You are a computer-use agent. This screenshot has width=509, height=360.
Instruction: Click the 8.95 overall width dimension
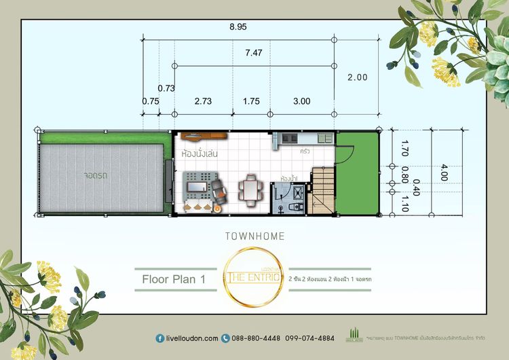point(238,27)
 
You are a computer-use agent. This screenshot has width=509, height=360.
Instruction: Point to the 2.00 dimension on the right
point(357,77)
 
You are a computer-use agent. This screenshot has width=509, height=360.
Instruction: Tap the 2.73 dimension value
point(202,101)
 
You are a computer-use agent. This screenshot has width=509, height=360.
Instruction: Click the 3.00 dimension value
point(301,101)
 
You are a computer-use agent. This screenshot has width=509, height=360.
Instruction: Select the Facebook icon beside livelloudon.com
point(159,338)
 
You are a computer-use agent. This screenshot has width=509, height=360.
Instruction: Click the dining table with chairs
point(251,189)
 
